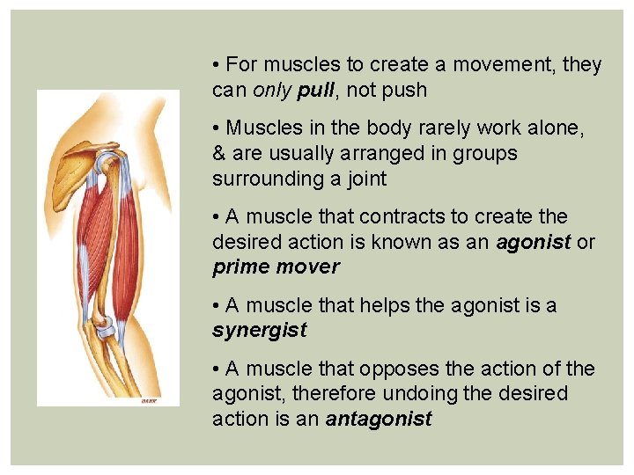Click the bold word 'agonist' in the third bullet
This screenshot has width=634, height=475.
534,242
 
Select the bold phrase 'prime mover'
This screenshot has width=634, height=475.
276,267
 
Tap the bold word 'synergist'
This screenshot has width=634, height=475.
259,331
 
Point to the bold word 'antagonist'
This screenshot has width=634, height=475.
379,420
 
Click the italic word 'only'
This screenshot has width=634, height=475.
273,90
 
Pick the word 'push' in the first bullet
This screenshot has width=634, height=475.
403,90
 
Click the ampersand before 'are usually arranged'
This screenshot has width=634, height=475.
218,153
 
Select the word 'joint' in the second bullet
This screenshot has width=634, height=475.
365,179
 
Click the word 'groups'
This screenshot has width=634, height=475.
486,153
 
